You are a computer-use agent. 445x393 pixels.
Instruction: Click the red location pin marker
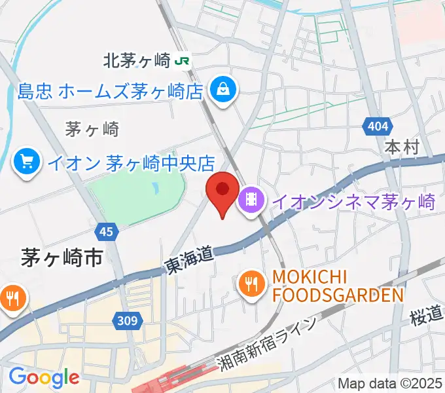(222, 191)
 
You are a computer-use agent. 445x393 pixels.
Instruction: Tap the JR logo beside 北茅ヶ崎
(183, 61)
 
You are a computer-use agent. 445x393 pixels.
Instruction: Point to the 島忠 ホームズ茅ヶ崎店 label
(111, 91)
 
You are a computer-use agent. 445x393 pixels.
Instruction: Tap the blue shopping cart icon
(27, 161)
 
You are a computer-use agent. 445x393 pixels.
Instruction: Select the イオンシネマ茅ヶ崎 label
(353, 201)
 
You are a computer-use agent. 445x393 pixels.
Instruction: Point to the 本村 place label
(401, 147)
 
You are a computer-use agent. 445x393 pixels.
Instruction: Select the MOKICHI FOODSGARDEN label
(337, 286)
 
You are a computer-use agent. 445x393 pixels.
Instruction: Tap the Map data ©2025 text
(390, 384)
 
